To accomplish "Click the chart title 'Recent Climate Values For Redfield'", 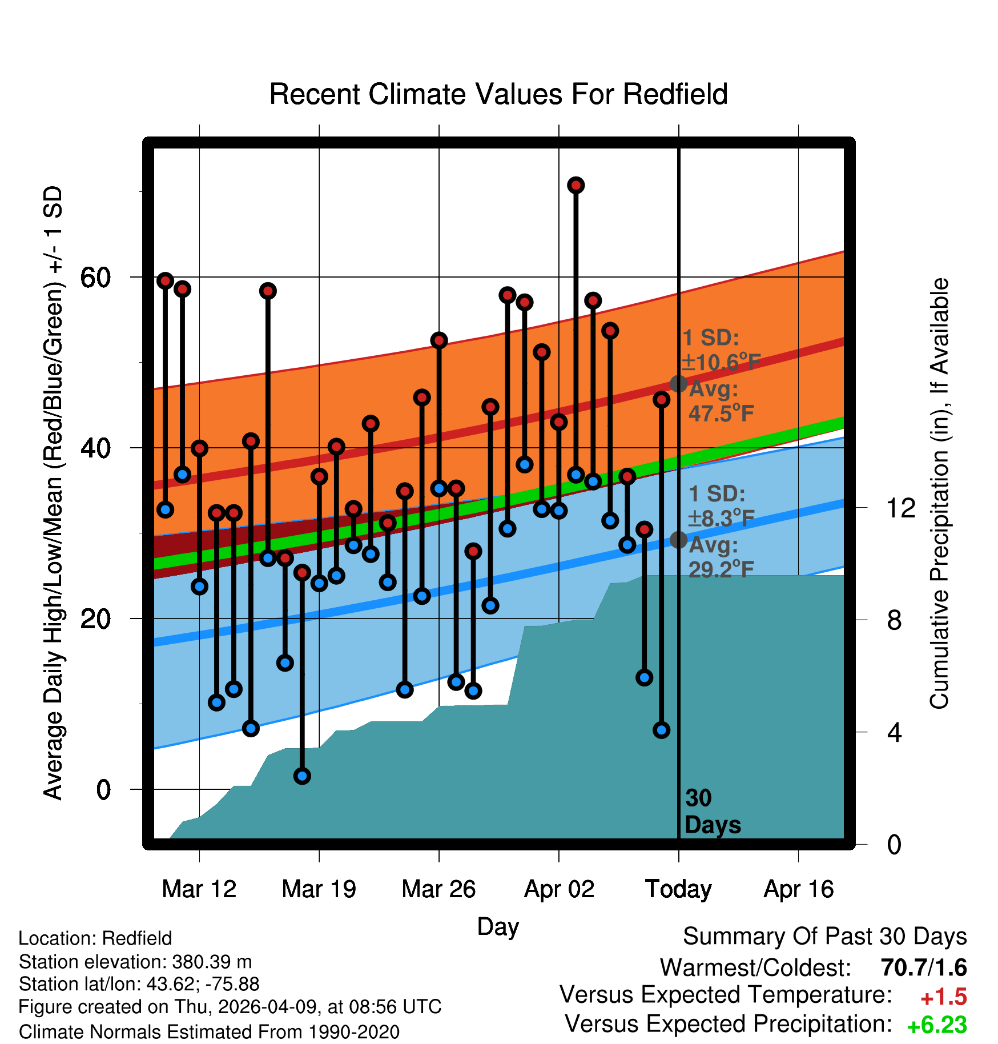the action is point(498,94).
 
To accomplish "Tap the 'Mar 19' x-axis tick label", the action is point(319,889).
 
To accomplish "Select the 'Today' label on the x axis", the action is point(678,889).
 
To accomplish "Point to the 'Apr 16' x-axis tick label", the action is point(799,889).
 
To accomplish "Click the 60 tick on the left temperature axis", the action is point(95,278).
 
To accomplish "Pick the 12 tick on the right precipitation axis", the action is point(901,508).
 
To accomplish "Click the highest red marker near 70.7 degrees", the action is point(576,185).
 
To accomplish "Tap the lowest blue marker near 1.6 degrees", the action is point(302,776).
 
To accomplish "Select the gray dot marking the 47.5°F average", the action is point(678,384).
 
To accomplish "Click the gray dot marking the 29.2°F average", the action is point(678,540).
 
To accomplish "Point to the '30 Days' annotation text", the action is point(713,812).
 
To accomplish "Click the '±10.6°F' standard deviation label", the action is point(722,362).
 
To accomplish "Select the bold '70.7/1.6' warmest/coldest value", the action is point(924,967).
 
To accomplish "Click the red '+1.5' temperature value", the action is point(943,997).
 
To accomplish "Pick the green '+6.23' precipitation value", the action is point(937,1025).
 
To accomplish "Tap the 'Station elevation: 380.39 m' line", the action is point(135,962).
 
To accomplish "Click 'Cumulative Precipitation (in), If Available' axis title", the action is point(939,493).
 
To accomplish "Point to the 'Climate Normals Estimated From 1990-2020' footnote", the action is point(209,1032).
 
